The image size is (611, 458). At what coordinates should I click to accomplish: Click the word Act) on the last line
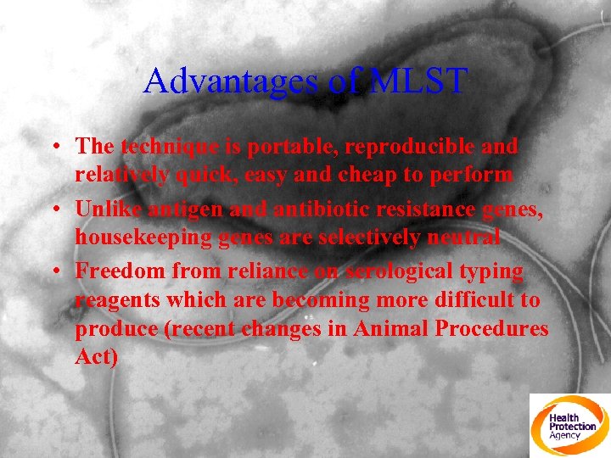coord(96,356)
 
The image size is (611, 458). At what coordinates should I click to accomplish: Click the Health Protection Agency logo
coord(569,425)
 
